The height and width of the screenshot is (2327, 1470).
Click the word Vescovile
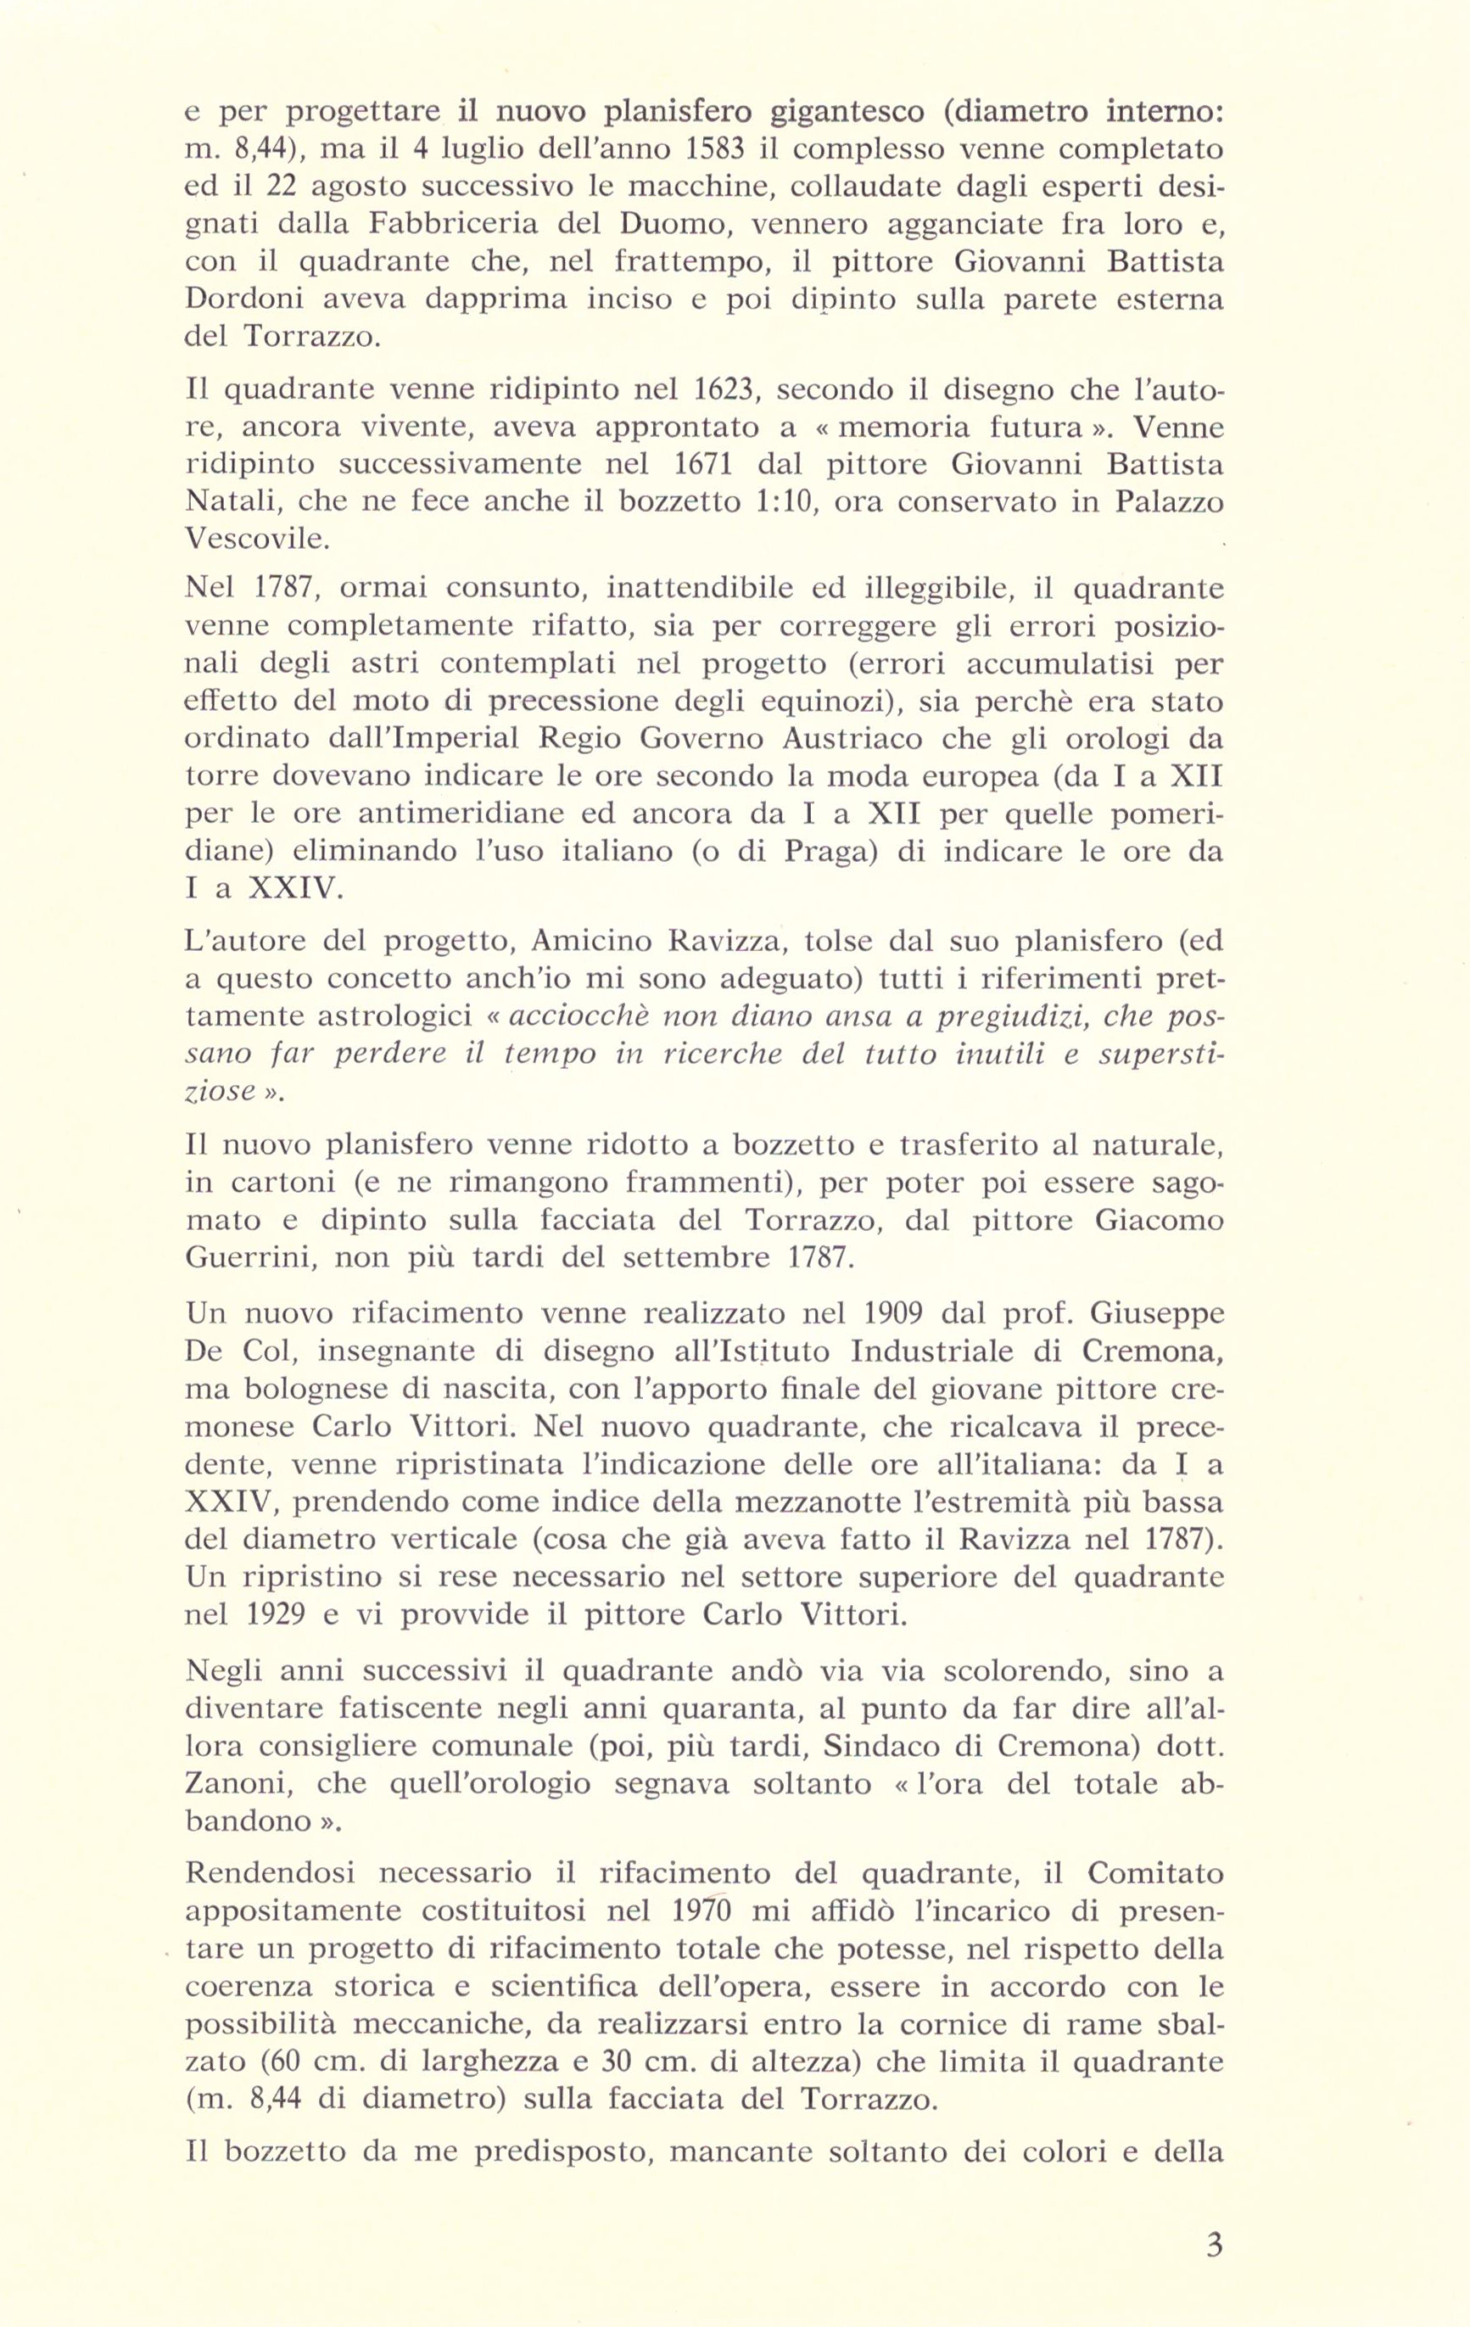257,540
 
